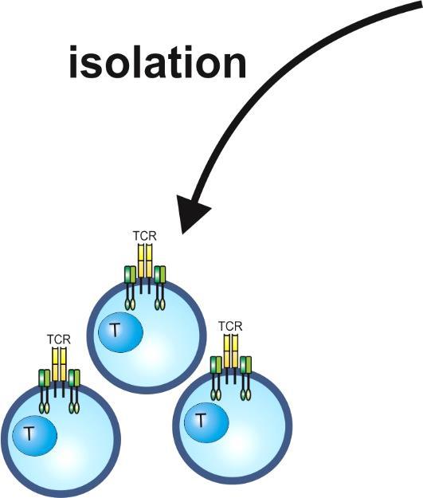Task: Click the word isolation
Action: coord(158,61)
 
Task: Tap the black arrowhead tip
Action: coord(182,234)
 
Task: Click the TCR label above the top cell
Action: coord(144,236)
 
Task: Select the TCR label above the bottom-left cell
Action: coord(59,339)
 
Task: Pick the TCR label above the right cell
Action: coord(230,326)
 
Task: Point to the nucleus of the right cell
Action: coord(206,422)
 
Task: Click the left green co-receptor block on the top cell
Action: coord(130,275)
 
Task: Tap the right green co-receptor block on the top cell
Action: coord(160,275)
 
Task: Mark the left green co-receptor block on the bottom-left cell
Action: coord(44,378)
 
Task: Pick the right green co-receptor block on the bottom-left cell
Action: coord(74,378)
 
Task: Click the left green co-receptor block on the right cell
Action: coord(216,365)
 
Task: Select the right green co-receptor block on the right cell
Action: coord(246,365)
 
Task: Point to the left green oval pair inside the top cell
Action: coord(130,304)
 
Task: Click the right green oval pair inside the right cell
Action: coord(246,394)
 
